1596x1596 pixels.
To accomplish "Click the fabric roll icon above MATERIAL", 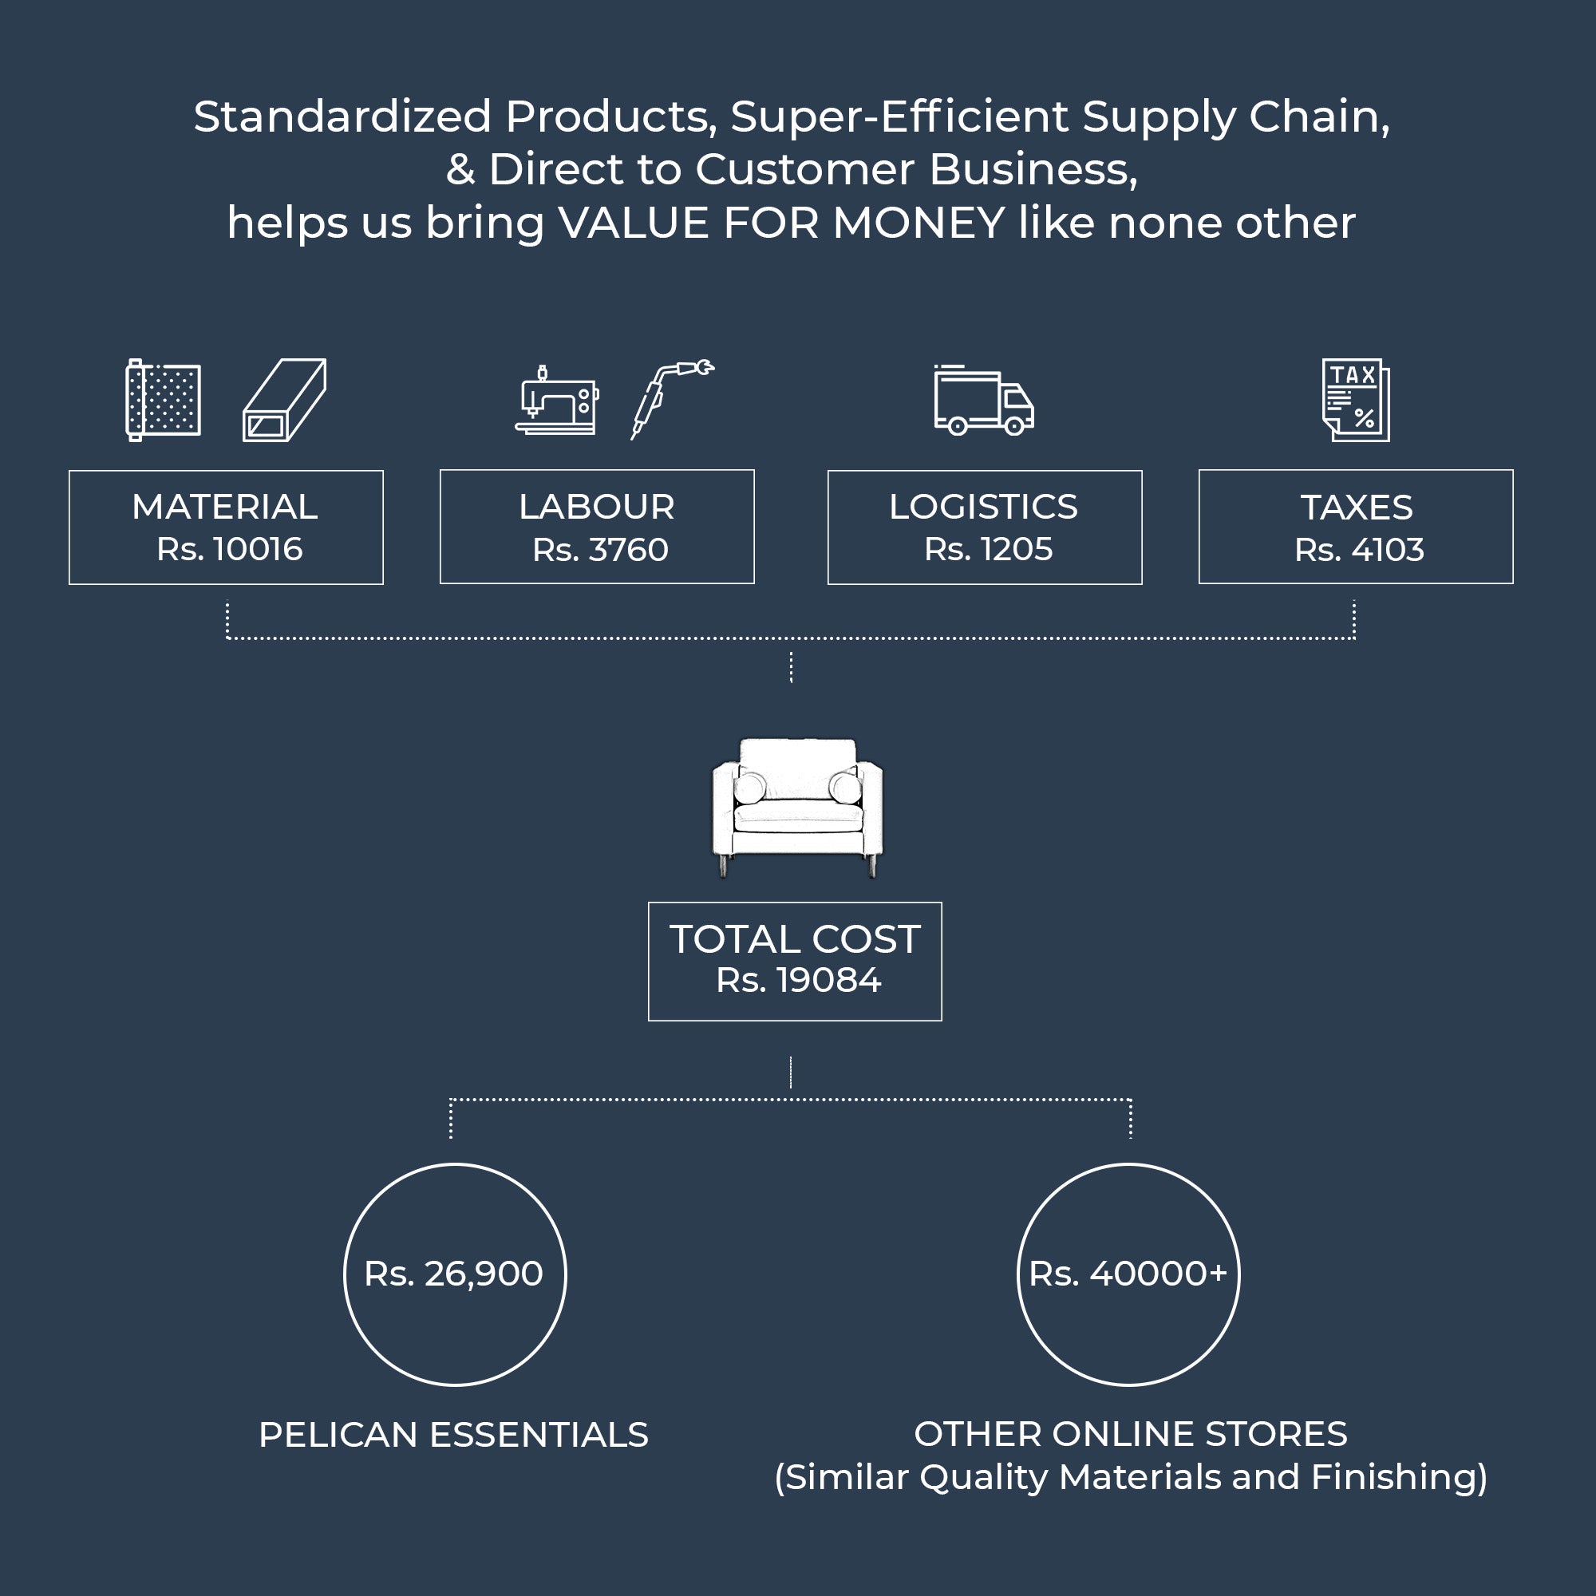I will pyautogui.click(x=163, y=400).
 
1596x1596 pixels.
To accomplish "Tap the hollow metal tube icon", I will pyautogui.click(x=284, y=400).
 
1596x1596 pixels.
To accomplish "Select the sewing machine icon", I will pyautogui.click(x=556, y=400).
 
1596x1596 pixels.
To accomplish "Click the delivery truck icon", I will pyautogui.click(x=983, y=401).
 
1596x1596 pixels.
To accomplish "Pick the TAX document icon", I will pyautogui.click(x=1356, y=400).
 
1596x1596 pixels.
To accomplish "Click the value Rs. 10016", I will pyautogui.click(x=230, y=549).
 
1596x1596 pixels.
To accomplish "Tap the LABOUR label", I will pyautogui.click(x=596, y=508).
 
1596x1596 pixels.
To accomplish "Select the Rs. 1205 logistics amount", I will pyautogui.click(x=988, y=549).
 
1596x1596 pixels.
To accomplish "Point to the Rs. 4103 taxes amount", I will pyautogui.click(x=1359, y=550).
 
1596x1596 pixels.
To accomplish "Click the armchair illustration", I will pyautogui.click(x=797, y=806).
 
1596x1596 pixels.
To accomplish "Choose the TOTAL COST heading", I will pyautogui.click(x=795, y=939).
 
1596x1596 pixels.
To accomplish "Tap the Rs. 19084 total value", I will pyautogui.click(x=798, y=981).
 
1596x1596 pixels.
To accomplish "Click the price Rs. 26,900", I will pyautogui.click(x=453, y=1274).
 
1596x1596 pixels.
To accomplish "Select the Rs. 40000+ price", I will pyautogui.click(x=1128, y=1274).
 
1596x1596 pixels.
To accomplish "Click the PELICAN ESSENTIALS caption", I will pyautogui.click(x=453, y=1435).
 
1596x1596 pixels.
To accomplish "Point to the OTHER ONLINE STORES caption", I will pyautogui.click(x=1130, y=1434).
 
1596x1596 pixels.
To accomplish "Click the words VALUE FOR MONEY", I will pyautogui.click(x=780, y=223).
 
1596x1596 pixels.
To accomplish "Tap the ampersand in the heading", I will pyautogui.click(x=460, y=170).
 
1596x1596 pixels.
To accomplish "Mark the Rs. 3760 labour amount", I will pyautogui.click(x=600, y=550).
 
